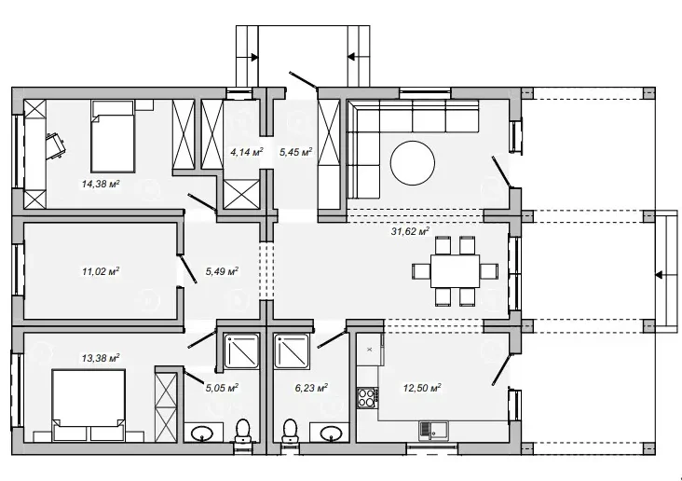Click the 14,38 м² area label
[101, 185]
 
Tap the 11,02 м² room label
[101, 271]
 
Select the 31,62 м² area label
[410, 231]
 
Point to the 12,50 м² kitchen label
[422, 388]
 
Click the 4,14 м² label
[247, 152]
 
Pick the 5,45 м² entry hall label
[295, 152]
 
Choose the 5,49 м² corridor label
[222, 271]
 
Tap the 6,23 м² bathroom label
[311, 388]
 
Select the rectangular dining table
[455, 270]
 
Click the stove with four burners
[367, 398]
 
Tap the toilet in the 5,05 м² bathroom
[243, 432]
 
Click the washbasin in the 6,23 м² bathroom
[329, 433]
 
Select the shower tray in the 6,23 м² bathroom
[292, 351]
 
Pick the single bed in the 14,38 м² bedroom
[112, 137]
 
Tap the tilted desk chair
[56, 144]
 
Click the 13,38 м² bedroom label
[101, 358]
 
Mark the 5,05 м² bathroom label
[222, 388]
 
